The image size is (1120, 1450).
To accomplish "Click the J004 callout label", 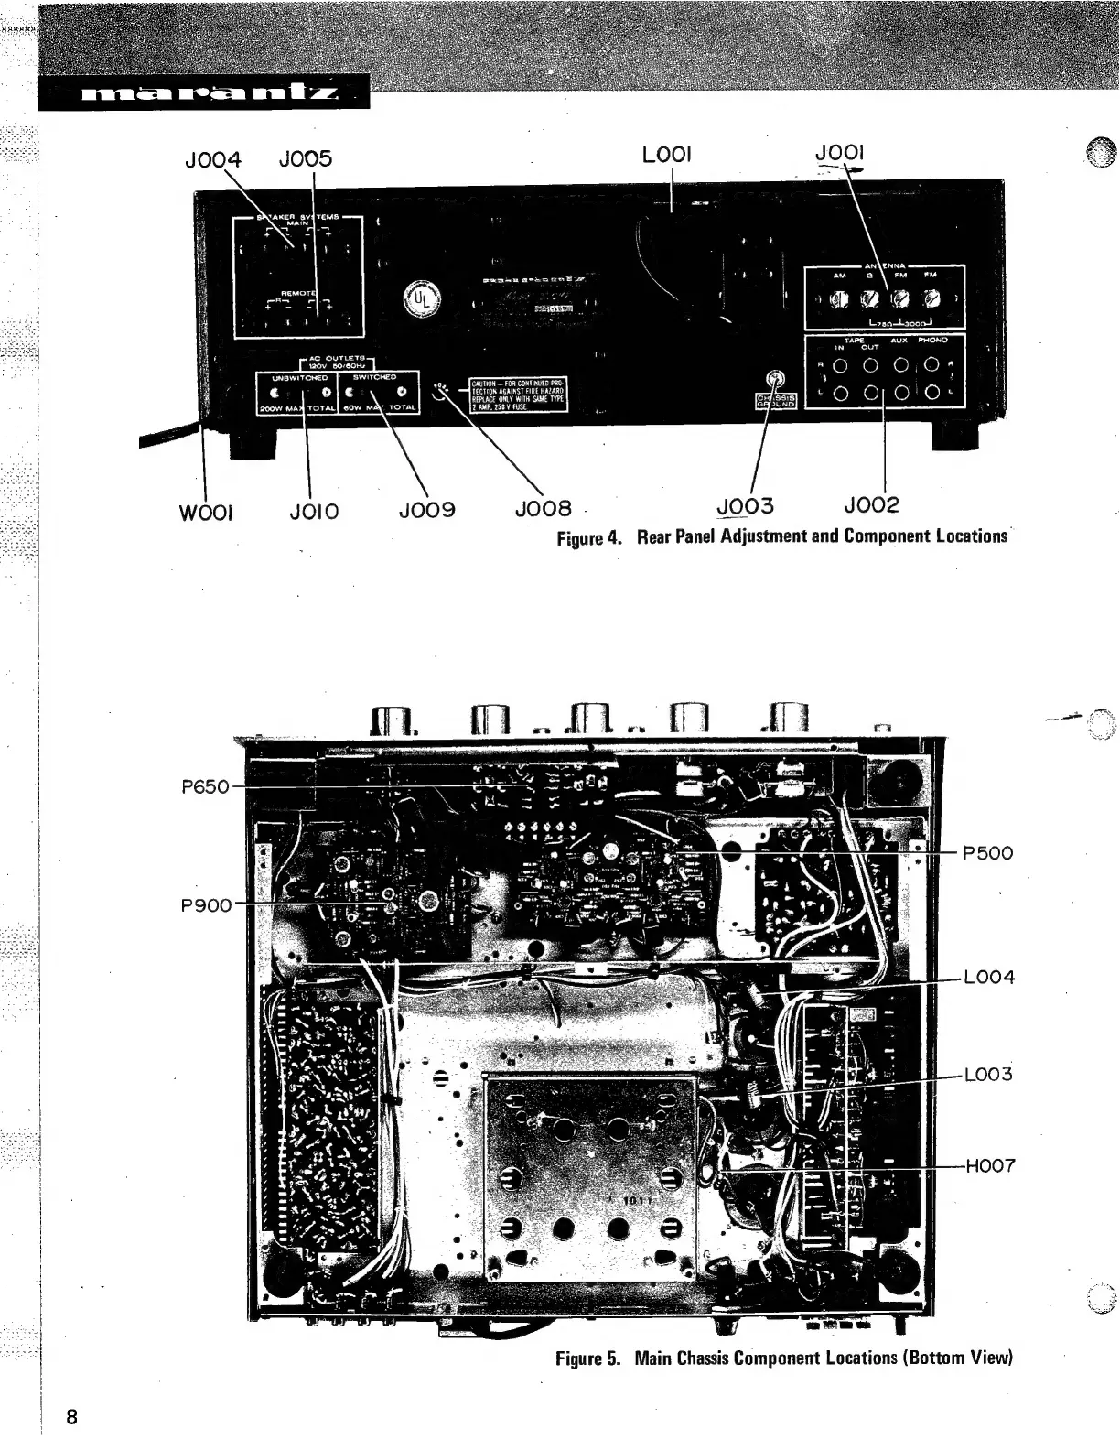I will [212, 159].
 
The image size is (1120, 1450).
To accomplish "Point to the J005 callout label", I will [306, 159].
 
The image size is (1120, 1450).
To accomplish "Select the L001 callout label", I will [666, 156].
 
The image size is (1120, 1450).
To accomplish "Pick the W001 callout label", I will [206, 511].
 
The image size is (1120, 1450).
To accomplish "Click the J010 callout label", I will [314, 511].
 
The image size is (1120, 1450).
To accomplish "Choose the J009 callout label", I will [426, 509].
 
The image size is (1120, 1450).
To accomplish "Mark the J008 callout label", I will [544, 508].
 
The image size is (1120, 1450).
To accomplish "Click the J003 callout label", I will [745, 506].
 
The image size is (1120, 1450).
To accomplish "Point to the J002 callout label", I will [871, 505].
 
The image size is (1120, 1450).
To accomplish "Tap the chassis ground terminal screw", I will [776, 380].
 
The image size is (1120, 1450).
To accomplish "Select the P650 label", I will [205, 786].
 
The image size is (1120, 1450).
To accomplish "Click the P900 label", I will [206, 905].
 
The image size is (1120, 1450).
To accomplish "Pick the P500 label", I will [988, 853].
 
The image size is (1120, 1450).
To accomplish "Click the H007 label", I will [990, 1166].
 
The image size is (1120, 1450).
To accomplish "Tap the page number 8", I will [71, 1417].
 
